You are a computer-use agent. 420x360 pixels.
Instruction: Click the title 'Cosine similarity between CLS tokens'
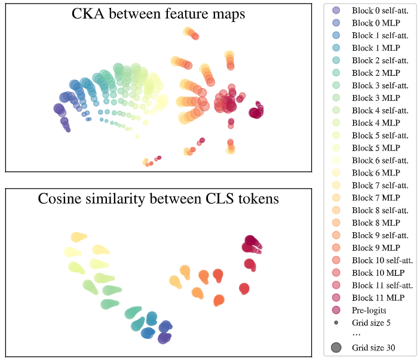158,199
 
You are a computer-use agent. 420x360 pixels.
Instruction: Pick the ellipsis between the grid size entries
356,335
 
